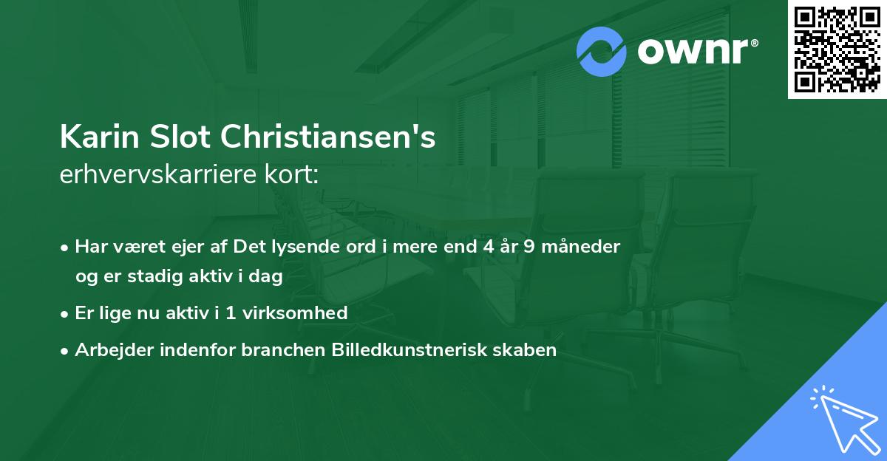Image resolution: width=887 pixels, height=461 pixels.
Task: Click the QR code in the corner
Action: pos(837,49)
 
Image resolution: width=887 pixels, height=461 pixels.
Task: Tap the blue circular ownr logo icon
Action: pos(602,52)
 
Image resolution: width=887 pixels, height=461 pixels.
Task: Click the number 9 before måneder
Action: pos(529,247)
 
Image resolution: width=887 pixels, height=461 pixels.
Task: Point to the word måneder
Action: pos(581,247)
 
